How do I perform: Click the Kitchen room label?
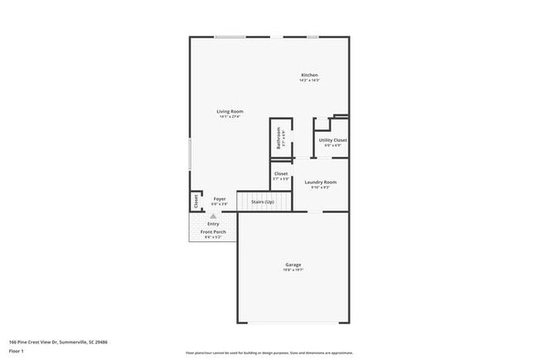pos(309,75)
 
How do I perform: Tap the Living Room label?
pos(230,111)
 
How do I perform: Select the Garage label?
pos(294,265)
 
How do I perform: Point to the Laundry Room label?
pos(320,182)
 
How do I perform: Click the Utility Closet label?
pos(333,140)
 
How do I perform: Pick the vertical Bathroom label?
pos(279,138)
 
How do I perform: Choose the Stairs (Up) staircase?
pos(264,202)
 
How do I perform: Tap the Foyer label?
pos(220,199)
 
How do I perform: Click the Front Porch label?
pos(213,232)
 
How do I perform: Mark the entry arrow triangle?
pos(213,216)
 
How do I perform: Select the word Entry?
pos(213,223)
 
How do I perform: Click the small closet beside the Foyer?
pos(196,201)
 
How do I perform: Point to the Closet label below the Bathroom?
pos(281,173)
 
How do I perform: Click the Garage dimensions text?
pos(294,270)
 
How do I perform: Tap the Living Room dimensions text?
pos(230,117)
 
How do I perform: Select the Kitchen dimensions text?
pos(309,80)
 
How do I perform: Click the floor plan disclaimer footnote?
pos(269,351)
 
